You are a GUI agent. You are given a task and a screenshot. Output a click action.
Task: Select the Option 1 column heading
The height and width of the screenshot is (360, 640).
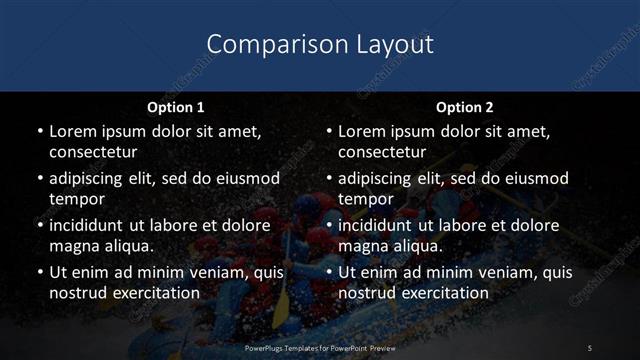(x=176, y=106)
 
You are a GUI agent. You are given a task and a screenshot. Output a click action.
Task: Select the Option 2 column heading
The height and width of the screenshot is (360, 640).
(x=465, y=106)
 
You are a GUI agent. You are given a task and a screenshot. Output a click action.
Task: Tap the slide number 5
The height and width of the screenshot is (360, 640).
(x=590, y=347)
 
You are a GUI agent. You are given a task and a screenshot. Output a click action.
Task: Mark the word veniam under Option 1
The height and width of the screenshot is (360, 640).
(x=214, y=272)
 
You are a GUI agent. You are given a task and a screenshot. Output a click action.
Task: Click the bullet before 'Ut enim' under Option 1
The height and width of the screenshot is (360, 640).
(x=39, y=272)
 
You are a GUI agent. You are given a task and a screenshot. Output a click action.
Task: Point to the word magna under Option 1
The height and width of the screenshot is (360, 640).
(x=74, y=245)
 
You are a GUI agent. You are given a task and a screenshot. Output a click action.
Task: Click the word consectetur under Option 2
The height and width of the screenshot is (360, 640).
(x=382, y=151)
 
